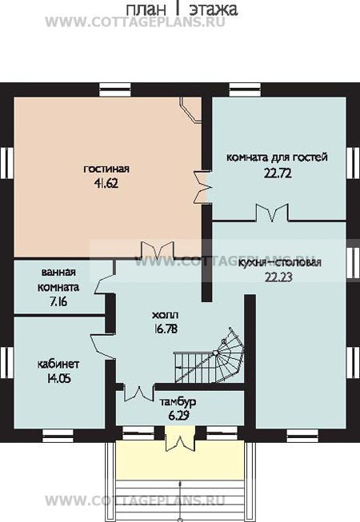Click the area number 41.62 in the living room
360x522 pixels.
click(106, 183)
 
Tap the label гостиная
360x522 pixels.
click(106, 169)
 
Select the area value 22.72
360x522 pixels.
click(278, 173)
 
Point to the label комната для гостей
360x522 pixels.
click(277, 157)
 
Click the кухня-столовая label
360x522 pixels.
click(280, 262)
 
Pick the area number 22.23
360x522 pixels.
click(278, 277)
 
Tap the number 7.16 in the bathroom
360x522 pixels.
click(58, 302)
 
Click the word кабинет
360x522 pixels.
click(58, 364)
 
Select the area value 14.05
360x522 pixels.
click(58, 379)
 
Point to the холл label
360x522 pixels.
click(165, 315)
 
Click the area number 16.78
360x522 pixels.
click(166, 329)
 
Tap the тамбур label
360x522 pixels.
click(178, 402)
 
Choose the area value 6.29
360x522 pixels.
click(178, 416)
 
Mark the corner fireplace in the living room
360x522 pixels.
click(191, 110)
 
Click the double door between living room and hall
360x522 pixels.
click(157, 251)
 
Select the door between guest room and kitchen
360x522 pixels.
click(273, 213)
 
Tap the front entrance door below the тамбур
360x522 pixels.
click(180, 443)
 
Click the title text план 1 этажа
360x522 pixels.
click(182, 9)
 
